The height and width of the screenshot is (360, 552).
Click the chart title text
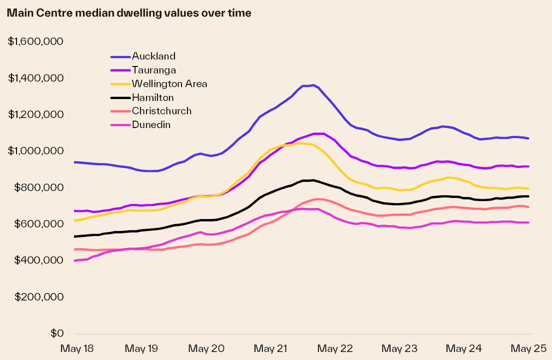pos(129,13)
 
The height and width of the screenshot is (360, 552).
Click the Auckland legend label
pos(153,56)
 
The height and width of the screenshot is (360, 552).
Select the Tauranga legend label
pos(153,70)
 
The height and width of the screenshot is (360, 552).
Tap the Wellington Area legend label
pos(169,83)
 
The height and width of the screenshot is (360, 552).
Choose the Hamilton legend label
pos(152,97)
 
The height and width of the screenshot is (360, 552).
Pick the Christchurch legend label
pos(161,111)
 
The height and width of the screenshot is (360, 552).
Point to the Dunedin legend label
pos(151,124)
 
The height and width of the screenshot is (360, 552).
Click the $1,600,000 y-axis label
pos(35,41)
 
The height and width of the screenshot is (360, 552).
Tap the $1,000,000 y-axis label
pos(35,151)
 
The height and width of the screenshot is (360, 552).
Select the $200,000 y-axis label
pos(38,297)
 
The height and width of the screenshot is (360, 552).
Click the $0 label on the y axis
pos(56,333)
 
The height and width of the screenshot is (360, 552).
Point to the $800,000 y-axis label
pos(38,187)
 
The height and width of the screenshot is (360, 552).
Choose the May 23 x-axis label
pos(400,347)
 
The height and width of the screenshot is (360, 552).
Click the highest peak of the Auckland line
pos(313,85)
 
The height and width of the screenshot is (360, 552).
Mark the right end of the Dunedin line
pos(528,222)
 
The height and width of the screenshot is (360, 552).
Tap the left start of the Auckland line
pos(74,162)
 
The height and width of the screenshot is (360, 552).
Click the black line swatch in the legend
pos(120,97)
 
